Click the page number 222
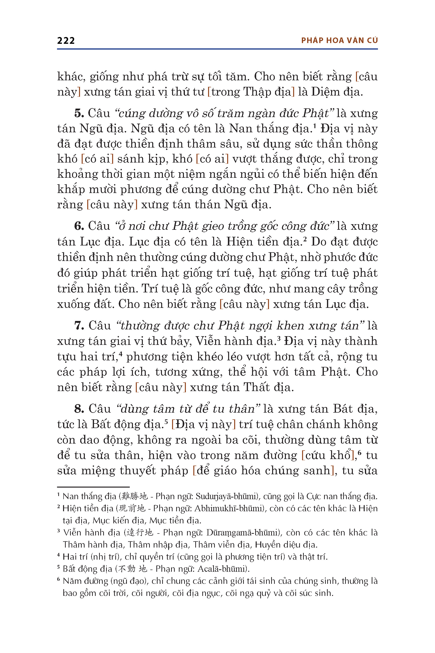(x=66, y=41)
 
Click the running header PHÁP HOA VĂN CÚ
(x=339, y=41)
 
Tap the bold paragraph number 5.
(x=79, y=113)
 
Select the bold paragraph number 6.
(x=79, y=226)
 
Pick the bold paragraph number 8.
(x=79, y=409)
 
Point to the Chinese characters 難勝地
(x=135, y=496)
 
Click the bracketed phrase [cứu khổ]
(x=329, y=455)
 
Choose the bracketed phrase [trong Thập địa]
(x=251, y=92)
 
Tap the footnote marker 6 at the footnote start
(x=58, y=579)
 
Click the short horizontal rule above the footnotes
(x=93, y=487)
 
